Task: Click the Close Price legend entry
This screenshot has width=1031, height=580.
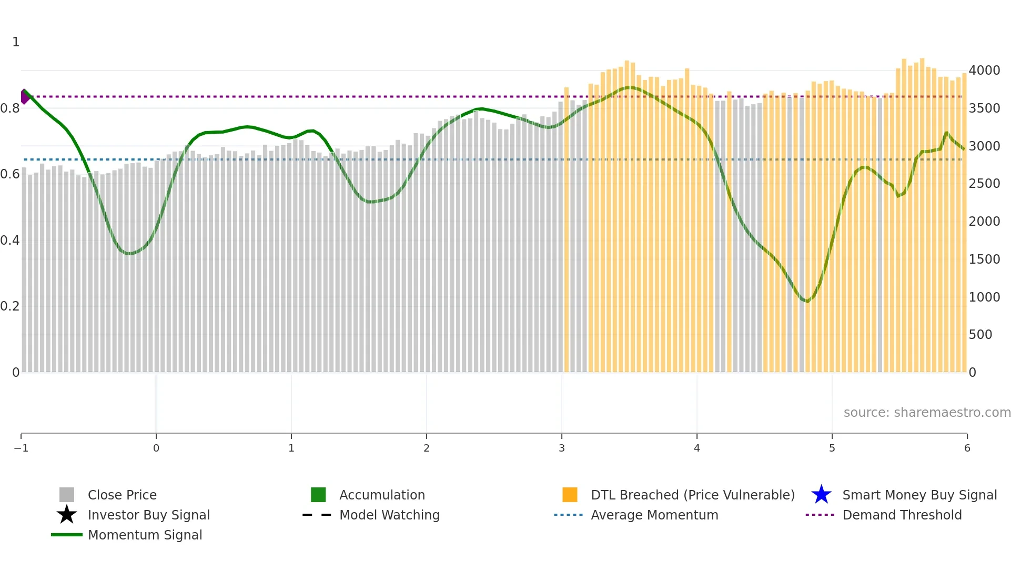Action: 122,495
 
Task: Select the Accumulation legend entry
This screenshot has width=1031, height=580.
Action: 381,495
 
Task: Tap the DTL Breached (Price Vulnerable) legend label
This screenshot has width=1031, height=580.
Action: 692,495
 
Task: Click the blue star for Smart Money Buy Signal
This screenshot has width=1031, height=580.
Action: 821,495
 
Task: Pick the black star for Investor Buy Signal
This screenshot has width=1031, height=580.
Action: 67,515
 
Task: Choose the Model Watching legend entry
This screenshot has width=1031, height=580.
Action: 389,515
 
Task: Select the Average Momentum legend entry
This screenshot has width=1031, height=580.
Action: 654,515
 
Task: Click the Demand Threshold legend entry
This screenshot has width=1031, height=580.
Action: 902,515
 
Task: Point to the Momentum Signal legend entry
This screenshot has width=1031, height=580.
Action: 145,535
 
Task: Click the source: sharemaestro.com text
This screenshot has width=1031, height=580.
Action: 927,412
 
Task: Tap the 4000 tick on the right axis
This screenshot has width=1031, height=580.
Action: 984,71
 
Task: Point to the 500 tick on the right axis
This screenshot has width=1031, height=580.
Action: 981,335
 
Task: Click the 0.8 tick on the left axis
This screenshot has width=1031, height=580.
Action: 10,108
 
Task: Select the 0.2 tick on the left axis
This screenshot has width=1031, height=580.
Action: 10,306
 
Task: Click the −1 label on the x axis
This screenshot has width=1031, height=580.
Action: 21,448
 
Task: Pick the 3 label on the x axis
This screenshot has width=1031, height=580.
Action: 562,448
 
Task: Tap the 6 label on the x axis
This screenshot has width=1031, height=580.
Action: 967,448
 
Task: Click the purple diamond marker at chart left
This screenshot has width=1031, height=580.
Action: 24,96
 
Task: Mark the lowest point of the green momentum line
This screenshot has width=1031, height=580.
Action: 807,302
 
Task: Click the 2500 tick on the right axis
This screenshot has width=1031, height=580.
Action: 984,184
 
